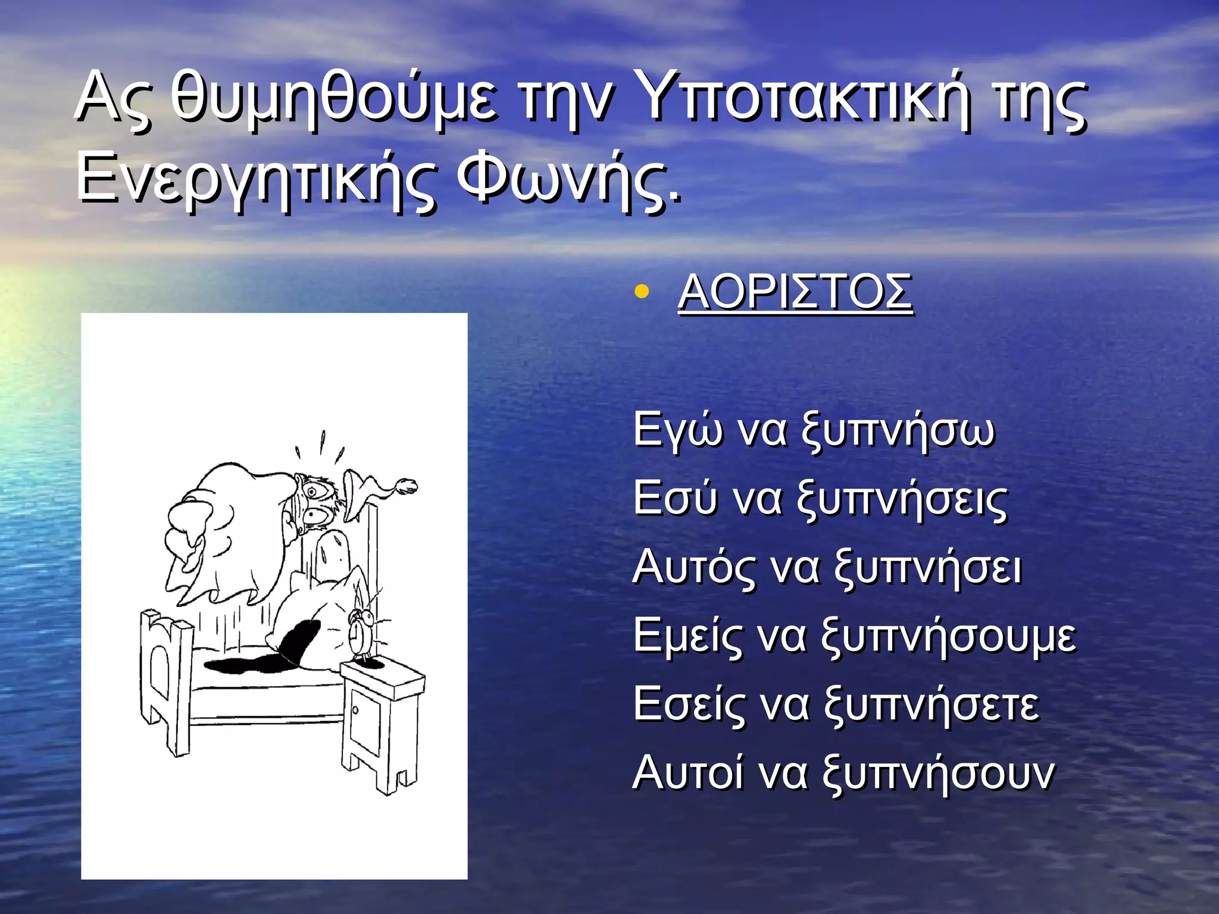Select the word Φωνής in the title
568,179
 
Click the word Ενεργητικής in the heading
256,179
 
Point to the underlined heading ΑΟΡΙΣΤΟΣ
795,292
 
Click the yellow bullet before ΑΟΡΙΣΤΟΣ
641,292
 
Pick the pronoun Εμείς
688,635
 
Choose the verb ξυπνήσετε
932,704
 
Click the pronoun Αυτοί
688,772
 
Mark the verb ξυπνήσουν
939,772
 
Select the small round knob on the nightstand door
355,709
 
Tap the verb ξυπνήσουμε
949,635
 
